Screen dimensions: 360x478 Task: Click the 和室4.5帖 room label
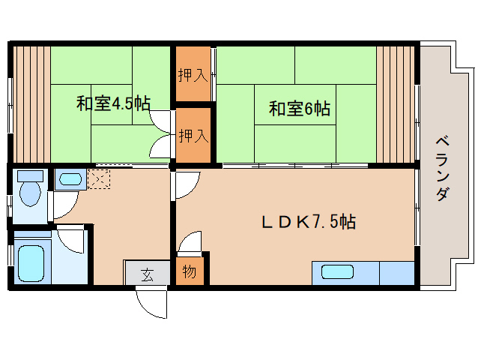pyautogui.click(x=112, y=104)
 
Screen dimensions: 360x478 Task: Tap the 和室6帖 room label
pyautogui.click(x=299, y=109)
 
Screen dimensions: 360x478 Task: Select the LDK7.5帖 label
pyautogui.click(x=308, y=221)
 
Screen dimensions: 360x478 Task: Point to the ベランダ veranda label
pyautogui.click(x=443, y=166)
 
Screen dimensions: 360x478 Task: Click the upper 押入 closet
pyautogui.click(x=193, y=75)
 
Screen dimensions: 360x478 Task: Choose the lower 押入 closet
pyautogui.click(x=193, y=136)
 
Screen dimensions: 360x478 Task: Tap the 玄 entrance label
pyautogui.click(x=147, y=274)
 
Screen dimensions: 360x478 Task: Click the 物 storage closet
pyautogui.click(x=189, y=271)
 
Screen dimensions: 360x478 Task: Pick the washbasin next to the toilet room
pyautogui.click(x=70, y=180)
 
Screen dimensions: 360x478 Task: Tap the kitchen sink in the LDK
pyautogui.click(x=337, y=272)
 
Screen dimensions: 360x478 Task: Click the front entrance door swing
pyautogui.click(x=152, y=302)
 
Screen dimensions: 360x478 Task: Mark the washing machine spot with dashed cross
pyautogui.click(x=99, y=178)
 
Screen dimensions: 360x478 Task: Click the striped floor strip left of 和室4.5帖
pyautogui.click(x=30, y=103)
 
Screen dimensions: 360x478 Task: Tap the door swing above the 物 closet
pyautogui.click(x=189, y=242)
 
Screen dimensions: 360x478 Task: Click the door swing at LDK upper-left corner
pyautogui.click(x=187, y=184)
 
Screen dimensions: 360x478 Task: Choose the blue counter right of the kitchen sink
pyautogui.click(x=396, y=272)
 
